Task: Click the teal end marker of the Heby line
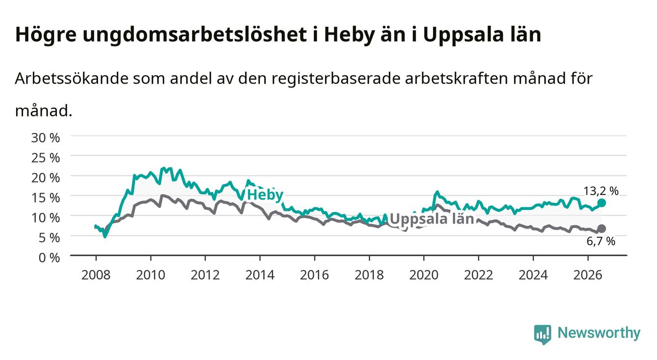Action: pyautogui.click(x=601, y=203)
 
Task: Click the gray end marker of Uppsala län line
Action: pyautogui.click(x=602, y=229)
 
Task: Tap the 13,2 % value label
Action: pyautogui.click(x=601, y=191)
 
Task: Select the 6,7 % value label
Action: pyautogui.click(x=601, y=241)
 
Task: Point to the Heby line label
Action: pyautogui.click(x=265, y=195)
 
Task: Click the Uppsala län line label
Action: pyautogui.click(x=432, y=219)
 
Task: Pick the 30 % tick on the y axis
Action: pyautogui.click(x=46, y=138)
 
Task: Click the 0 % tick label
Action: pyautogui.click(x=49, y=258)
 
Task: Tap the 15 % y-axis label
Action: pyautogui.click(x=46, y=198)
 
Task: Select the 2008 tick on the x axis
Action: pyautogui.click(x=96, y=275)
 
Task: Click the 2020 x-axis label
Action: pyautogui.click(x=424, y=275)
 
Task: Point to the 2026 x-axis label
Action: pyautogui.click(x=588, y=275)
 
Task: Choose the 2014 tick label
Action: pyautogui.click(x=260, y=275)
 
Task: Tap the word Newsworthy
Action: pyautogui.click(x=599, y=333)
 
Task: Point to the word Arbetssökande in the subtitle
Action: pyautogui.click(x=72, y=78)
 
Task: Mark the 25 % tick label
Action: pyautogui.click(x=46, y=158)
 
